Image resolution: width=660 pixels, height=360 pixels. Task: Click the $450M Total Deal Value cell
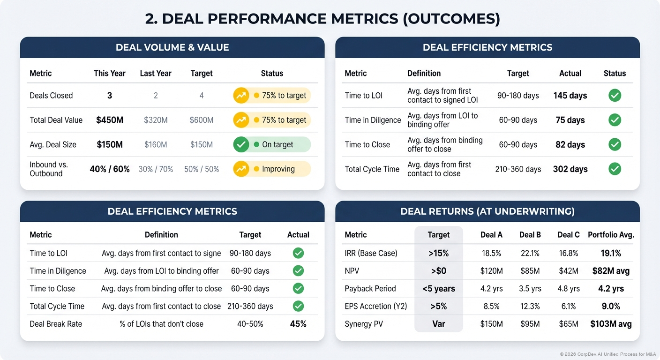pyautogui.click(x=110, y=120)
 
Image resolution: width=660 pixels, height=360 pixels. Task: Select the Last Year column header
pyautogui.click(x=156, y=73)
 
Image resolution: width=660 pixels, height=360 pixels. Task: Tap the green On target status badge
pyautogui.click(x=272, y=145)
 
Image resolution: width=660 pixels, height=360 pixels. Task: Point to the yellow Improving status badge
pyautogui.click(x=272, y=169)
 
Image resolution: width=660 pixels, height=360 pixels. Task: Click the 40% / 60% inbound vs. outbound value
pyautogui.click(x=110, y=169)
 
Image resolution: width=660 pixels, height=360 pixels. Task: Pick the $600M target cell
pyautogui.click(x=202, y=120)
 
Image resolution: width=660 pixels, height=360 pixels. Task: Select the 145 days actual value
pyautogui.click(x=570, y=96)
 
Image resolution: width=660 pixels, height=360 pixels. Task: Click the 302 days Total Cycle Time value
pyautogui.click(x=570, y=169)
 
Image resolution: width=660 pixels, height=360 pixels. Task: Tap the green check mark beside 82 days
pyautogui.click(x=615, y=145)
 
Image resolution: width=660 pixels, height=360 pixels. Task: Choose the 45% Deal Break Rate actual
pyautogui.click(x=298, y=324)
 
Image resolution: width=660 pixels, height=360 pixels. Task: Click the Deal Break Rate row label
pyautogui.click(x=56, y=324)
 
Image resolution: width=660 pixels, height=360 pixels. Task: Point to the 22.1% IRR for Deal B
pyautogui.click(x=530, y=253)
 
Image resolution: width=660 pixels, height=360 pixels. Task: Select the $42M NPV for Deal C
pyautogui.click(x=569, y=271)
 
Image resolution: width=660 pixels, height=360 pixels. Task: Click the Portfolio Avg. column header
pyautogui.click(x=611, y=235)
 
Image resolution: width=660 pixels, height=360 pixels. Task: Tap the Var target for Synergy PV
pyautogui.click(x=439, y=324)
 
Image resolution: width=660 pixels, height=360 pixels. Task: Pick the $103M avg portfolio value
pyautogui.click(x=611, y=324)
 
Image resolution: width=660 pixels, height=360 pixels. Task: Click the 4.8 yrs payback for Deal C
pyautogui.click(x=569, y=289)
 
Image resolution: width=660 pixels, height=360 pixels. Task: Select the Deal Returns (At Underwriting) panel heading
pyautogui.click(x=487, y=211)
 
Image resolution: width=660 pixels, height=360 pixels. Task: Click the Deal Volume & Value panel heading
pyautogui.click(x=172, y=47)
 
